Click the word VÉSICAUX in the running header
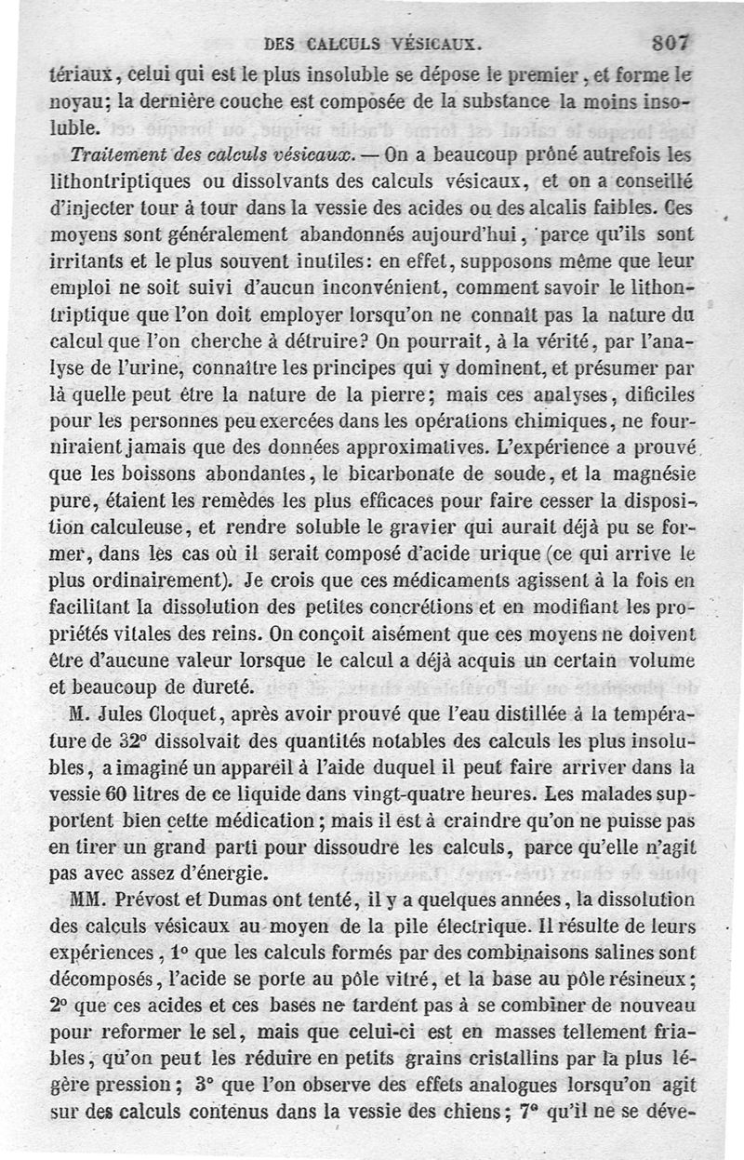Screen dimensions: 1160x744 click(x=435, y=42)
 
